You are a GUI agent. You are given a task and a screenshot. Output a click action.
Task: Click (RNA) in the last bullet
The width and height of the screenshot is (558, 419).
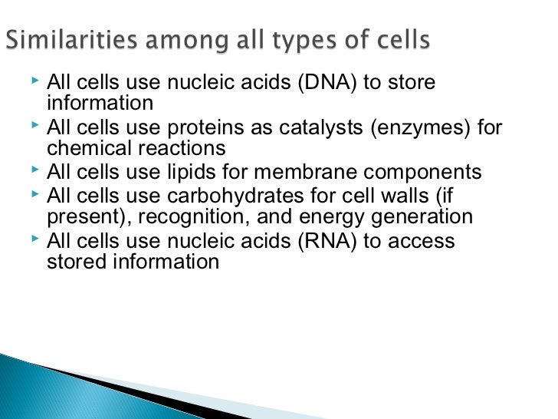327,241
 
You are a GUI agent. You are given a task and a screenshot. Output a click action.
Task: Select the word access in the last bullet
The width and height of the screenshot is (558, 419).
422,241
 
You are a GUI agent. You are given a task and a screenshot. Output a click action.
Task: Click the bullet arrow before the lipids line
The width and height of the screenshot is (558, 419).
36,170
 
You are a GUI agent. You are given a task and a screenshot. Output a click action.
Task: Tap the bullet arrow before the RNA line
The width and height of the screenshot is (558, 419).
36,239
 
